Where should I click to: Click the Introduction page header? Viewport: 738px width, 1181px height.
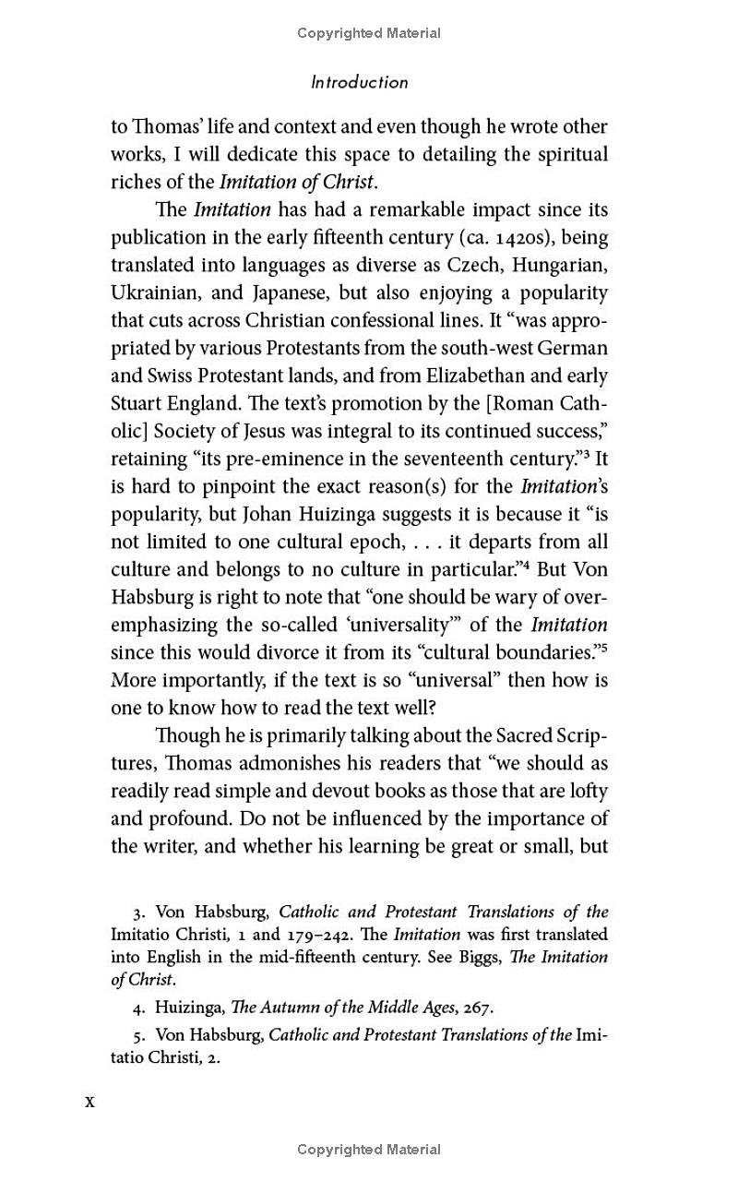pos(359,82)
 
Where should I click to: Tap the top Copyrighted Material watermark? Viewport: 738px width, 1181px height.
pos(369,33)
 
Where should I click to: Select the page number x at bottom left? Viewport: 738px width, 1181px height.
pos(89,1102)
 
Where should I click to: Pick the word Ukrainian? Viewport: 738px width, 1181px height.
pos(152,293)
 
